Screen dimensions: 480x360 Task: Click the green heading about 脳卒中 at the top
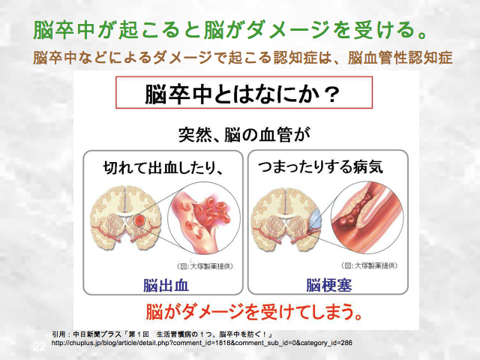pyautogui.click(x=229, y=30)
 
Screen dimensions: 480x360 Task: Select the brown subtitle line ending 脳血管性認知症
pyautogui.click(x=242, y=58)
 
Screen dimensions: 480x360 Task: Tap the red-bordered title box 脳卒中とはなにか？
pyautogui.click(x=244, y=92)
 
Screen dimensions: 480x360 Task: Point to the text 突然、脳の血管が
pyautogui.click(x=244, y=135)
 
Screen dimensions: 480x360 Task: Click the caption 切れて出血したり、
pyautogui.click(x=163, y=167)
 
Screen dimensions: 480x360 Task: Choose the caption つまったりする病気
pyautogui.click(x=320, y=167)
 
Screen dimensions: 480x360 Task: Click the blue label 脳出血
pyautogui.click(x=166, y=285)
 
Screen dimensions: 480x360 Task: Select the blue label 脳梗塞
pyautogui.click(x=329, y=285)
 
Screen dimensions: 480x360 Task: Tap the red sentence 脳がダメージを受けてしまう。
pyautogui.click(x=254, y=312)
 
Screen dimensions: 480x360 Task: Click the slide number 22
pyautogui.click(x=40, y=346)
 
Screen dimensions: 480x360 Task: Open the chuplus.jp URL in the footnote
pyautogui.click(x=202, y=343)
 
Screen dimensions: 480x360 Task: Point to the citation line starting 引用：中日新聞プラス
pyautogui.click(x=163, y=334)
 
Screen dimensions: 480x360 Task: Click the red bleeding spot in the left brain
pyautogui.click(x=139, y=220)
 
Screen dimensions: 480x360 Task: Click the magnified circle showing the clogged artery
pyautogui.click(x=367, y=217)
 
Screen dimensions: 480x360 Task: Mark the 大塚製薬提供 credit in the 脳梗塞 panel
pyautogui.click(x=370, y=265)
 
